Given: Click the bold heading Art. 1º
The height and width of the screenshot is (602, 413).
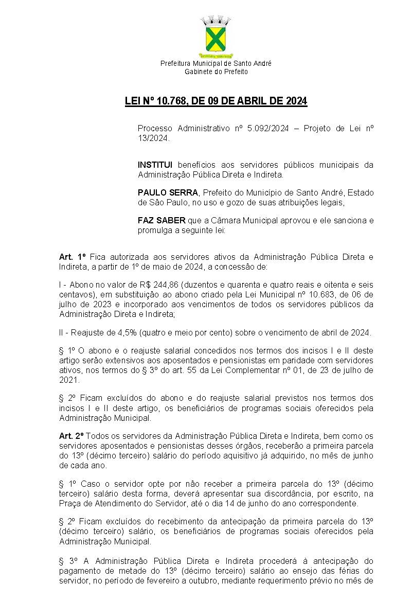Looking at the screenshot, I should pos(71,257).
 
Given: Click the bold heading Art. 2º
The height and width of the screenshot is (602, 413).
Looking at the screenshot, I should pos(71,436).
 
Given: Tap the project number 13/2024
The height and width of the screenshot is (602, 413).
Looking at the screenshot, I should pos(153,138).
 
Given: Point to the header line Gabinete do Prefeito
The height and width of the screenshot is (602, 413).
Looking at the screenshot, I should pos(216,72).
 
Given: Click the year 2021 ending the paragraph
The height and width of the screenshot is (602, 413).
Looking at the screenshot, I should pos(69,380).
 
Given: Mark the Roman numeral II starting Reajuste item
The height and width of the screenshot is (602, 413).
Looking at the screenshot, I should pos(62,332).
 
